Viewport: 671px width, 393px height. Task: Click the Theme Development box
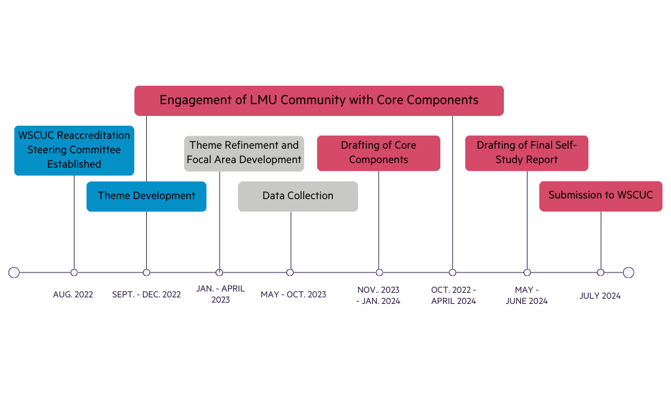point(146,196)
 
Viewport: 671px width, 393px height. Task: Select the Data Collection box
point(297,196)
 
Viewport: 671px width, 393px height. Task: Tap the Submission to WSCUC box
point(600,196)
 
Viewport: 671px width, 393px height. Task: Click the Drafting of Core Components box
point(378,153)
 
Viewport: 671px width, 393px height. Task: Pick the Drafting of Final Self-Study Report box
point(526,153)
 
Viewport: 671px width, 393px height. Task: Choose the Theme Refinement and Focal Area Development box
point(244,153)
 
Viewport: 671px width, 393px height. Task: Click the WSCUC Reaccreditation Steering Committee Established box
point(74,150)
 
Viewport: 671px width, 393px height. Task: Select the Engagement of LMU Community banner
point(319,100)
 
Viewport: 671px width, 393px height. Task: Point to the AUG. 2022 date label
point(73,295)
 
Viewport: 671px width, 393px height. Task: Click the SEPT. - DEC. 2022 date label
point(146,295)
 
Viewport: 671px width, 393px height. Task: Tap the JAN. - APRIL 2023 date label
point(221,294)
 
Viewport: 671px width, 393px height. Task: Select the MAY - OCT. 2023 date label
point(293,295)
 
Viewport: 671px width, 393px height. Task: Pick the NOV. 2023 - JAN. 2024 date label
point(378,295)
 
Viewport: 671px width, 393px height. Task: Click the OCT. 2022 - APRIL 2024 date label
point(453,295)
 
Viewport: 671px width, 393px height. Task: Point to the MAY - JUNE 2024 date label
point(526,295)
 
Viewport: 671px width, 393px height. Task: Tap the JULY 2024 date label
point(600,296)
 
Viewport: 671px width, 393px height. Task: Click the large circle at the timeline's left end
point(14,272)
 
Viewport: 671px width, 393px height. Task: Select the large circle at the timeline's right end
point(628,272)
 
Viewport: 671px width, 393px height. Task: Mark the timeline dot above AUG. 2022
point(74,272)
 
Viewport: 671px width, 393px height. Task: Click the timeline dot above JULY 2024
point(600,272)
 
